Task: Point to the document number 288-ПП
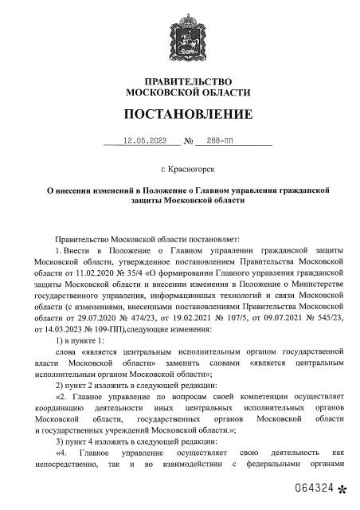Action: coord(230,141)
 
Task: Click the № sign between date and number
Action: coord(190,142)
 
